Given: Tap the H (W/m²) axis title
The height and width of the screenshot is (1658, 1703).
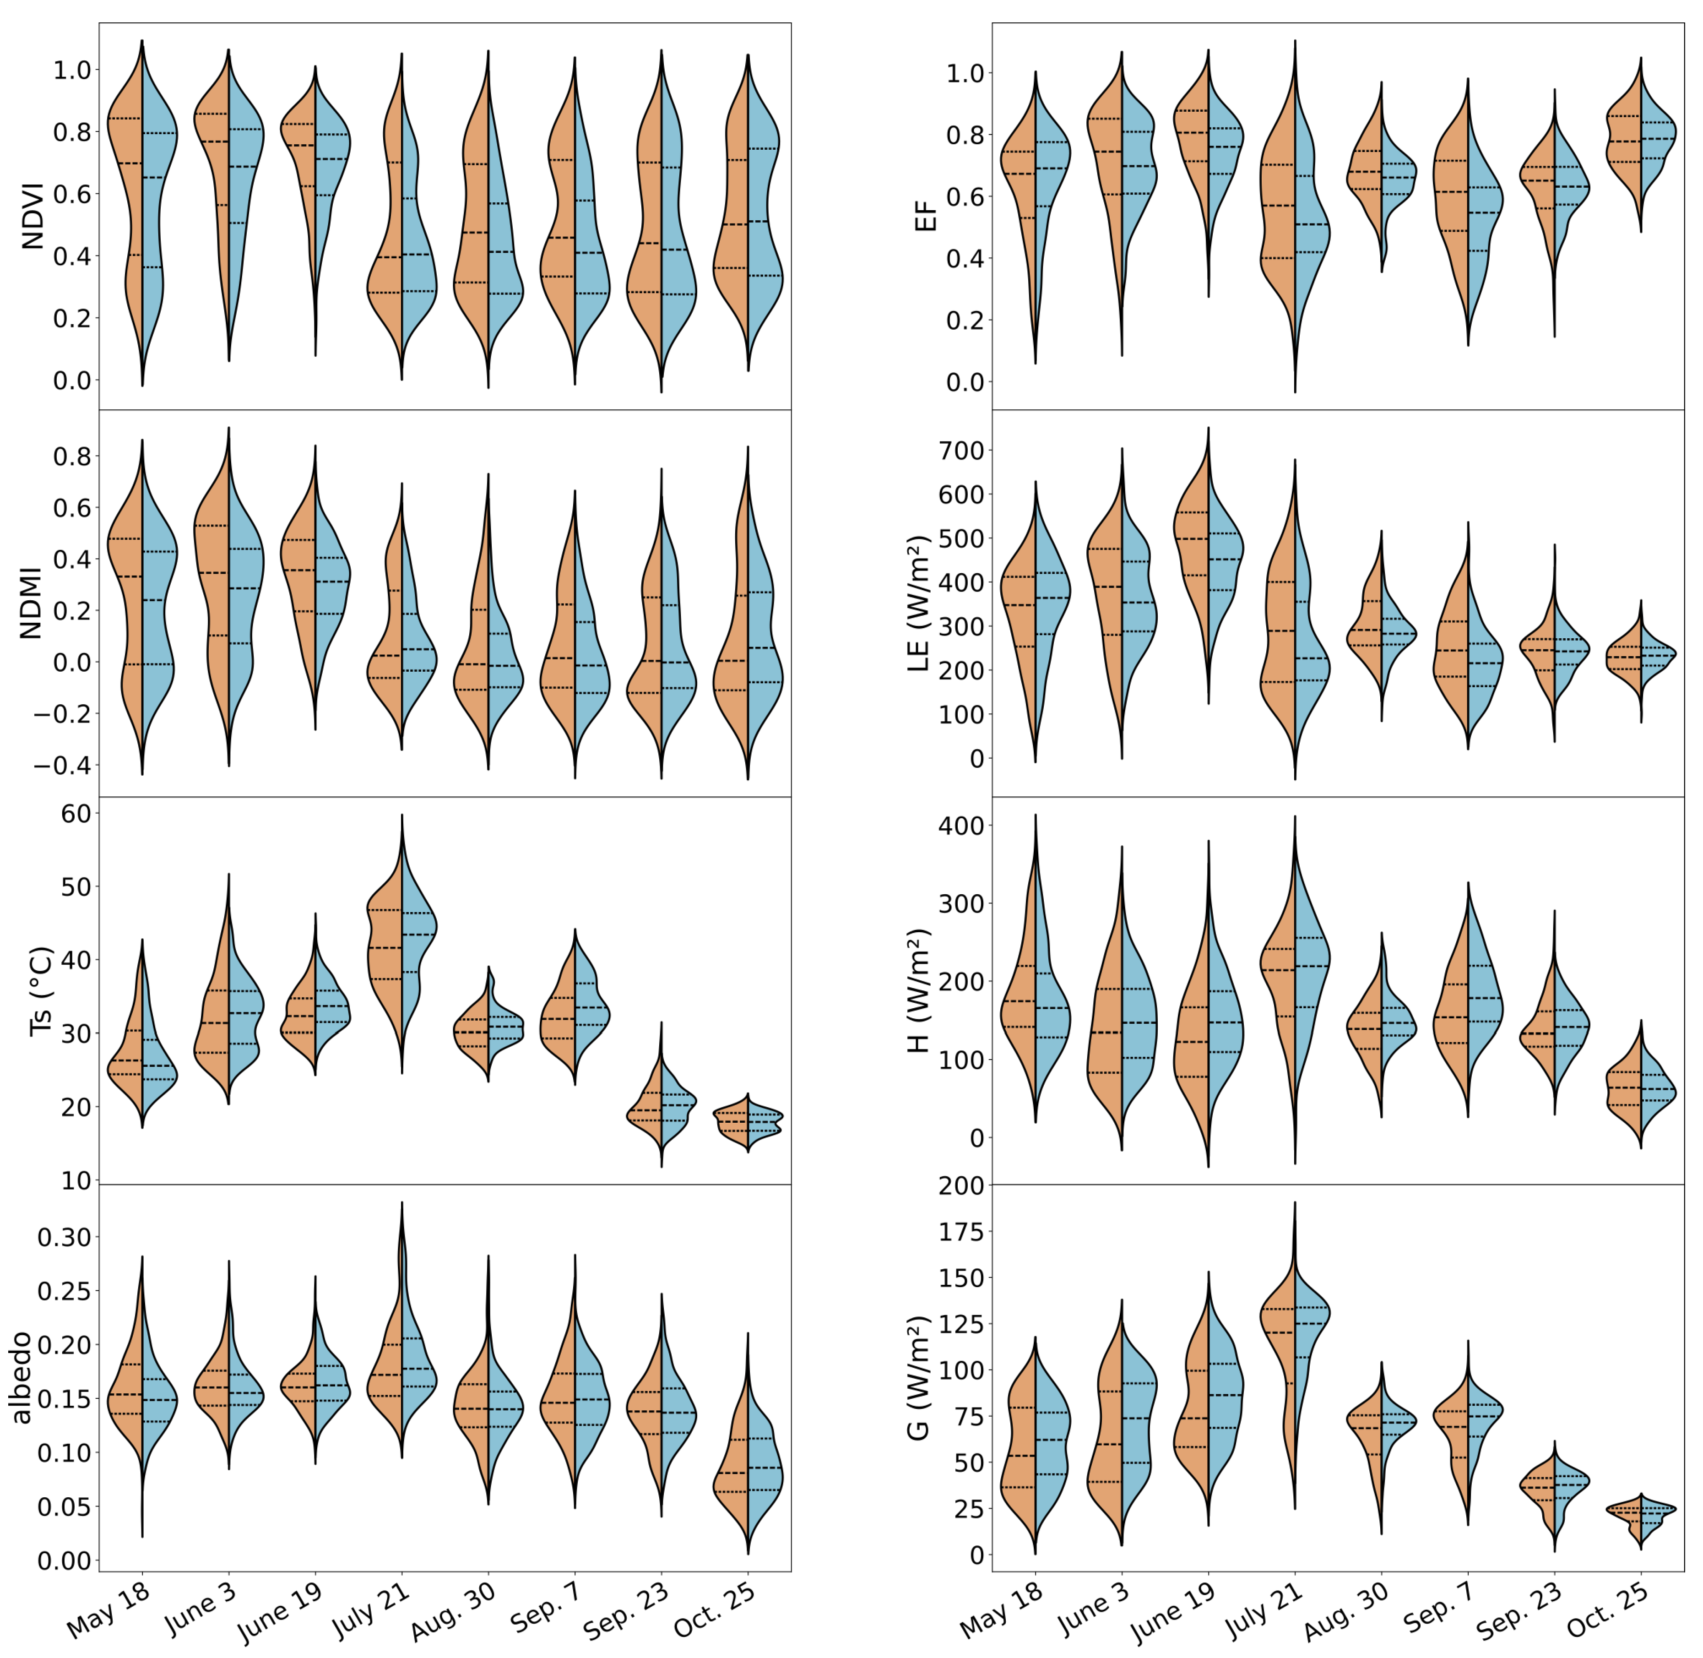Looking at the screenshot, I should click(918, 991).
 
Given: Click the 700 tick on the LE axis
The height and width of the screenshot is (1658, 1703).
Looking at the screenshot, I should click(960, 450).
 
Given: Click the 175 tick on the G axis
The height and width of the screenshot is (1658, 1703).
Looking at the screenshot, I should click(960, 1231).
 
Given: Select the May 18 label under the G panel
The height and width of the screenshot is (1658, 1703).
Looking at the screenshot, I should click(999, 1611).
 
